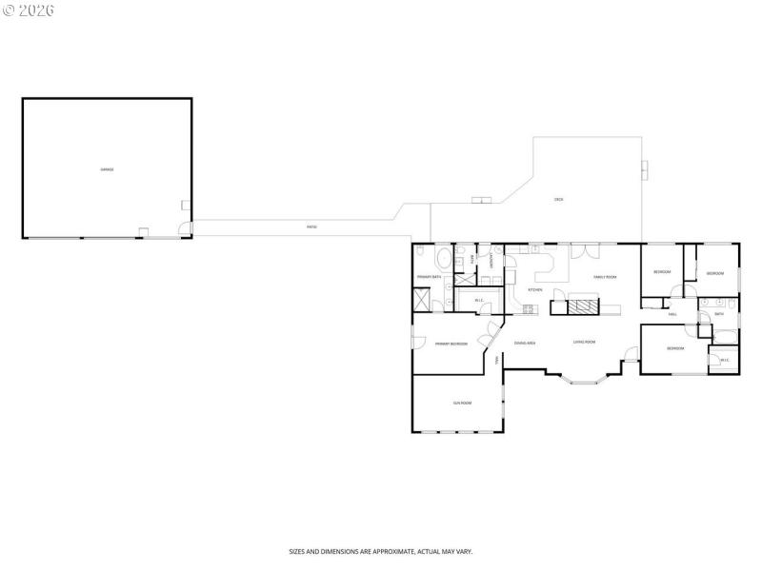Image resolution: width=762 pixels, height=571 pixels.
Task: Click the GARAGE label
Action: (108, 169)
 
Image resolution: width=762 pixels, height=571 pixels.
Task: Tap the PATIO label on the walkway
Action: (311, 226)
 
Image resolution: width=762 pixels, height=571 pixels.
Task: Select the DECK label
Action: (559, 199)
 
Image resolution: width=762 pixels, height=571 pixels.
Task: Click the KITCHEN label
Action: (535, 289)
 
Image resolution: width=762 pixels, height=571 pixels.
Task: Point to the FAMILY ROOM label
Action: (606, 277)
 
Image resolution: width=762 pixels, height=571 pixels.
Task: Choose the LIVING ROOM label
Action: (584, 342)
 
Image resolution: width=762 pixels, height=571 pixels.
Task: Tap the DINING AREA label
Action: (525, 343)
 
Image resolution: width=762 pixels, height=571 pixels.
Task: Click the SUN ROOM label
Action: (463, 404)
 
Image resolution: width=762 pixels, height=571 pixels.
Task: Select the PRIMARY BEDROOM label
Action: (451, 344)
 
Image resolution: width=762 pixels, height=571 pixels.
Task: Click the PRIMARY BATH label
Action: (429, 277)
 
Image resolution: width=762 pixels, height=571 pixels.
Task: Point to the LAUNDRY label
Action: (491, 259)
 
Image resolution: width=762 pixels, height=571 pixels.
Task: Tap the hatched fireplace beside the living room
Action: (582, 306)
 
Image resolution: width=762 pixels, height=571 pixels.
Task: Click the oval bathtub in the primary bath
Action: (444, 260)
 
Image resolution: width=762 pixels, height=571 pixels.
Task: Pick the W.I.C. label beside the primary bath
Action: (479, 302)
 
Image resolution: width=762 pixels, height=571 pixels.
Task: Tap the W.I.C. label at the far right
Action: (725, 360)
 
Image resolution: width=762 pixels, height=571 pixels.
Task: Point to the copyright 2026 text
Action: (30, 10)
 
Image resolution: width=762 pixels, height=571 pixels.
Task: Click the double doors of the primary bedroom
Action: (490, 333)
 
